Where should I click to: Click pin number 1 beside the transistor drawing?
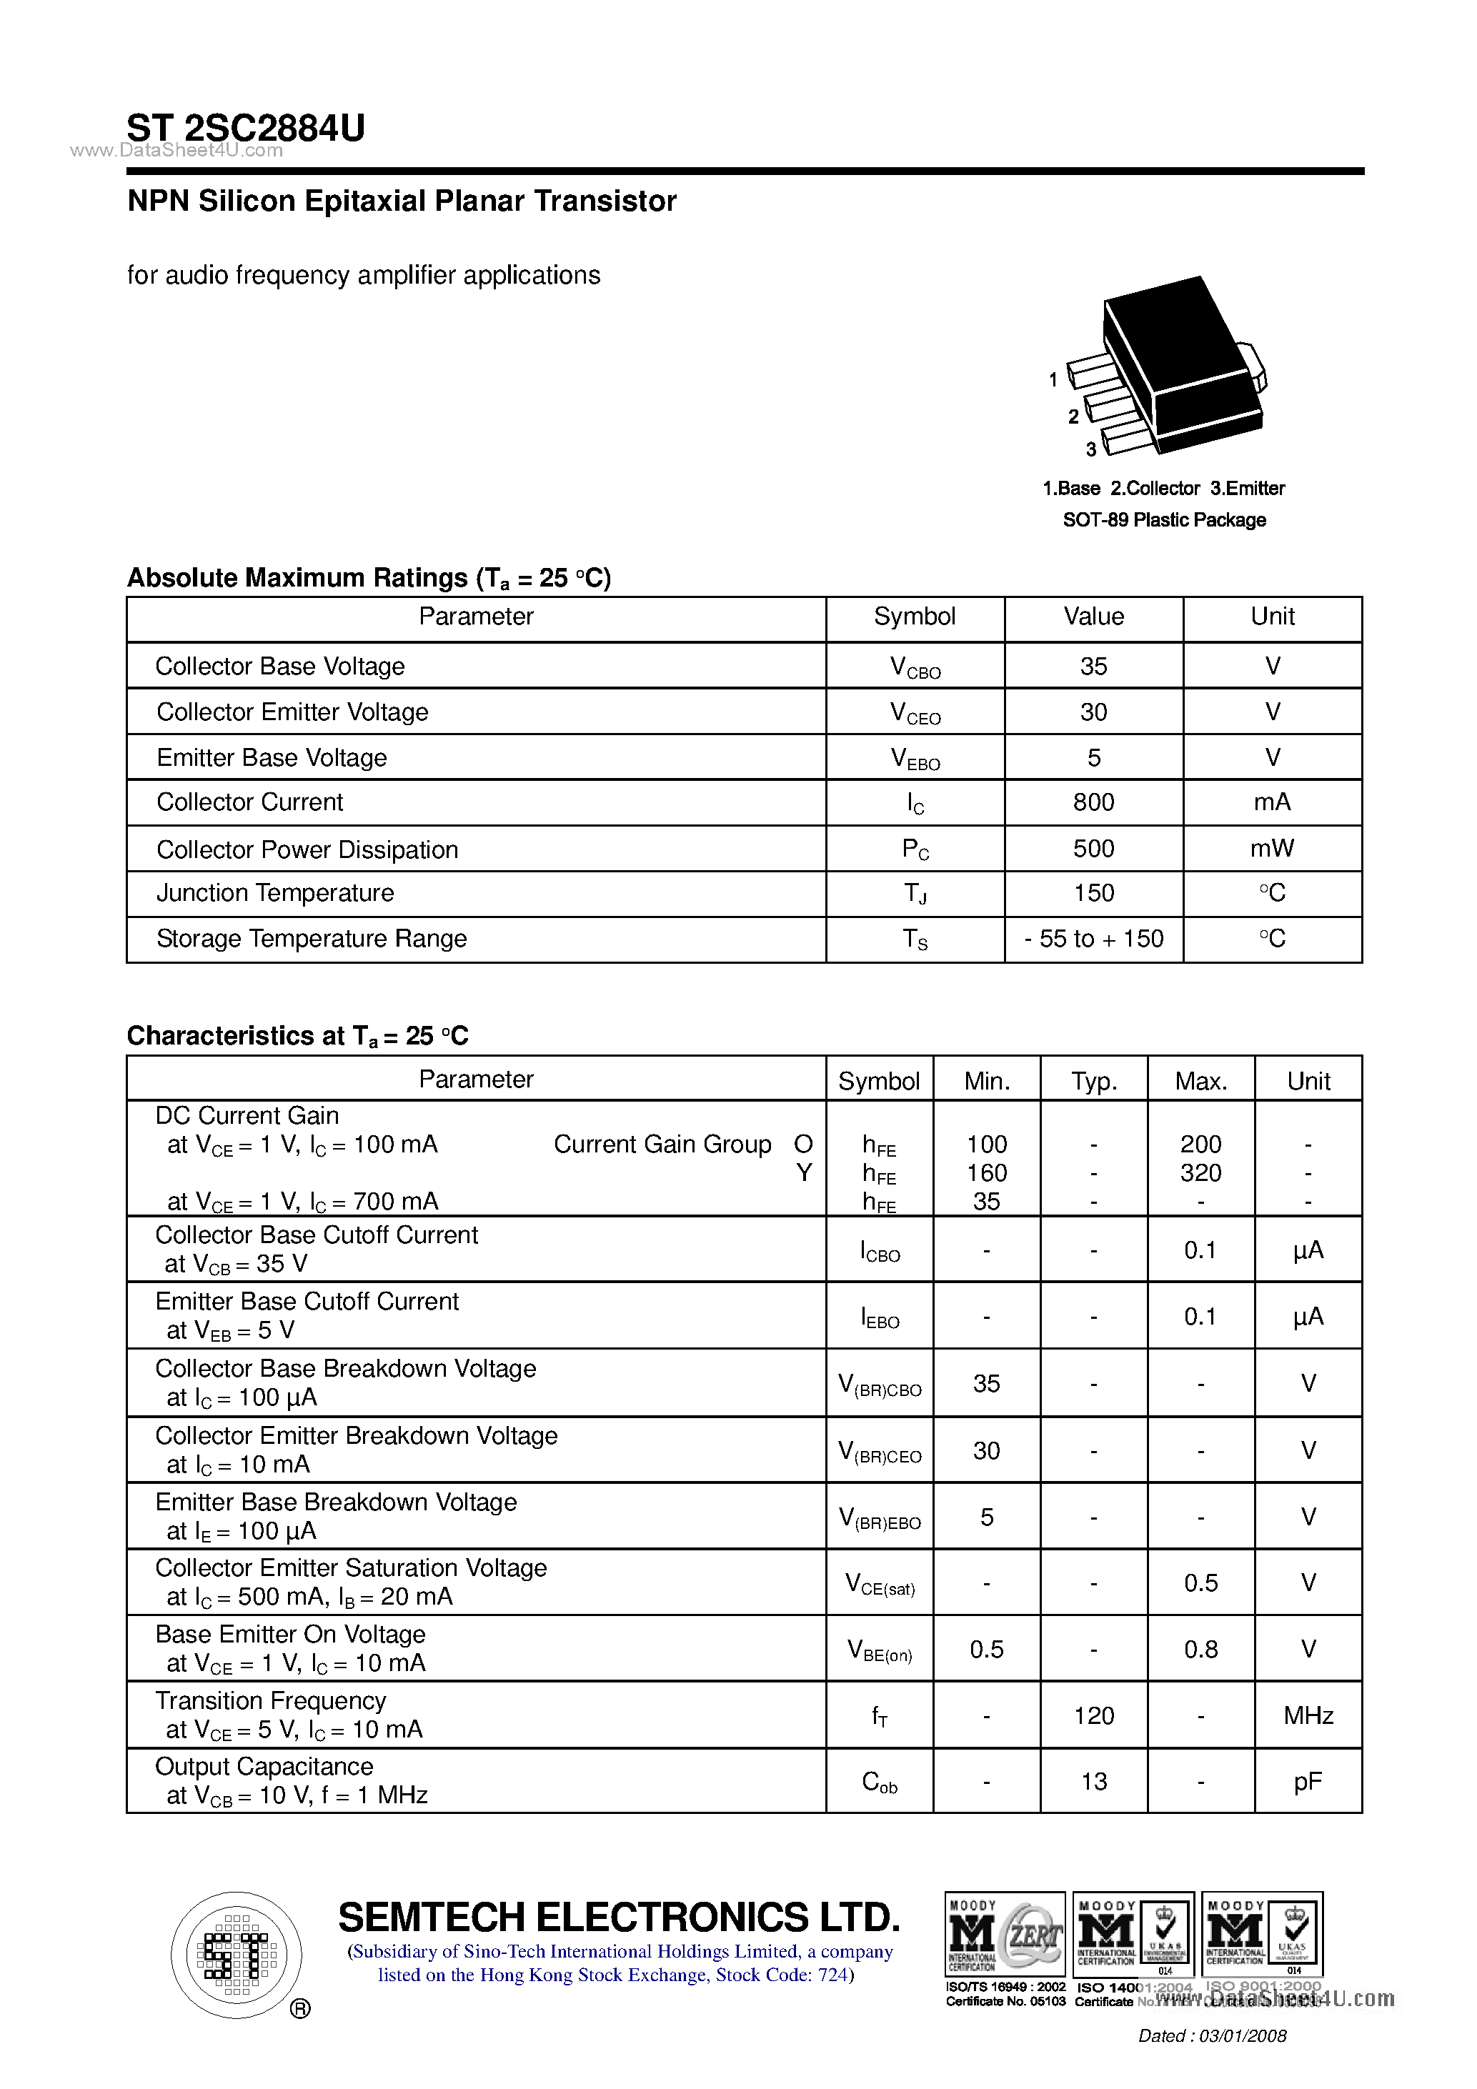point(1053,379)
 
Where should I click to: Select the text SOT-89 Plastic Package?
point(1164,520)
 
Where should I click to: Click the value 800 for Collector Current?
point(1093,802)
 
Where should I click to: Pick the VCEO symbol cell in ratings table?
point(915,713)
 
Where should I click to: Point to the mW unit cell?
point(1271,849)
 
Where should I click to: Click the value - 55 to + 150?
point(1093,939)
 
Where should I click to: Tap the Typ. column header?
point(1093,1081)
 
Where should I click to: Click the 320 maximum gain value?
point(1200,1174)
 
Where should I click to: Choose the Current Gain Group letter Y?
point(804,1174)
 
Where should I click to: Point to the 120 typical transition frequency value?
point(1093,1716)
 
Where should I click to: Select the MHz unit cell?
point(1308,1716)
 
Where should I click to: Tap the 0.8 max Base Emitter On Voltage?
point(1200,1650)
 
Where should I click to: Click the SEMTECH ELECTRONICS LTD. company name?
point(619,1918)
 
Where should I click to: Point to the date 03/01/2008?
point(1242,2036)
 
